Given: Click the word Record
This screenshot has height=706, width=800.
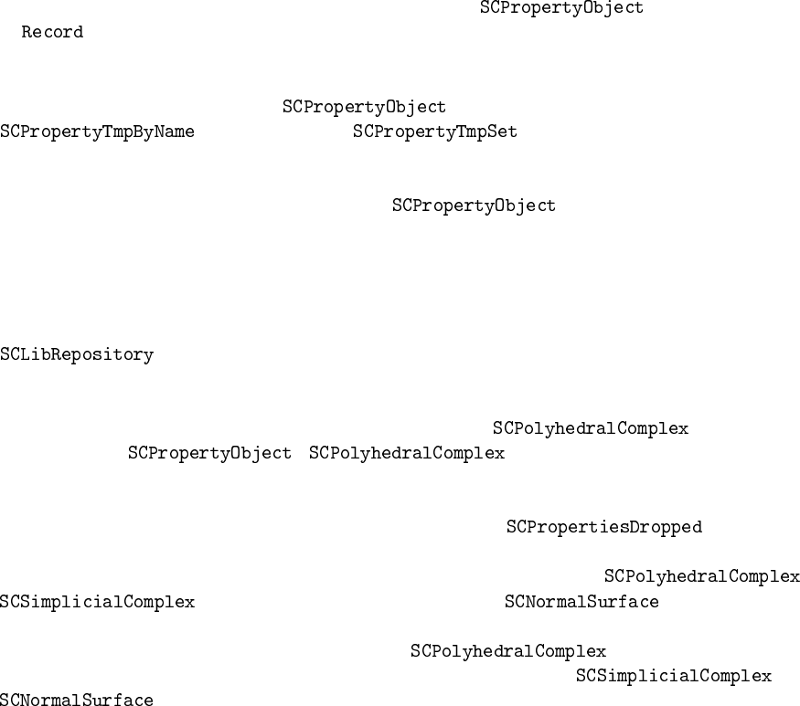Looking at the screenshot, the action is coord(52,33).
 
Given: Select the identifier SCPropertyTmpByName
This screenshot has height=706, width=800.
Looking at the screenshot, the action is coord(97,132).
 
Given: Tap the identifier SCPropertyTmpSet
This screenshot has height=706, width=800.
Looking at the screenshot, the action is coord(435,132).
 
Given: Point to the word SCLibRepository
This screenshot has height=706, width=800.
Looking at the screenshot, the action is coord(77,355).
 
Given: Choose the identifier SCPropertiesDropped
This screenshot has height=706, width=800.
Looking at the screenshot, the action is coord(604,528).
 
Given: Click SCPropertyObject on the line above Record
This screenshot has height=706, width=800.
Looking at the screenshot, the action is coord(561,8).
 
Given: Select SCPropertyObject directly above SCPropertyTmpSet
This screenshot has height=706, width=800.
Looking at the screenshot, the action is coord(364,108).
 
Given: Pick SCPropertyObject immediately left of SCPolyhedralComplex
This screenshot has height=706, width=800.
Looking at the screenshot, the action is coord(209,454).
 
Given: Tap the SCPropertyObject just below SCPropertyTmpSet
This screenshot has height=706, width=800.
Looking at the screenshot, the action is coord(474,206).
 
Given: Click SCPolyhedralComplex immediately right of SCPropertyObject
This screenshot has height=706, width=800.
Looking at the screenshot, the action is coord(407,454).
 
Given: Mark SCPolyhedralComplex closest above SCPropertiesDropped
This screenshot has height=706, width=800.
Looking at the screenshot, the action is coord(591,429).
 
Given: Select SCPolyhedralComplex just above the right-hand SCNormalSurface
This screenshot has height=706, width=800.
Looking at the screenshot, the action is coord(702,577).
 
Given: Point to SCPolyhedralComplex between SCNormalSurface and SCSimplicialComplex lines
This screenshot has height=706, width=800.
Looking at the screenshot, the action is coord(508,652).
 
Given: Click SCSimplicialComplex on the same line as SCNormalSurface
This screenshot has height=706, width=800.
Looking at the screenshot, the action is coord(97,603).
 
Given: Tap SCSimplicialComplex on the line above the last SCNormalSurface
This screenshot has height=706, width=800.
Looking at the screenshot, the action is coord(673,677).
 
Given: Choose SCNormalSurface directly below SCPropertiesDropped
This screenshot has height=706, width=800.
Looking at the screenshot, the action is coord(581,603).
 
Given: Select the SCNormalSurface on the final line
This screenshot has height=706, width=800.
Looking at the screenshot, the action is coord(77,701).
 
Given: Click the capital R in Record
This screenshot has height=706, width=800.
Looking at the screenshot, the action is coord(27,33).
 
